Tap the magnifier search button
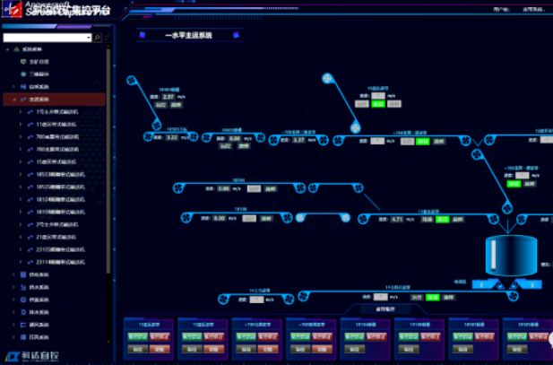[x=97, y=38]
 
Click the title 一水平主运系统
[x=188, y=35]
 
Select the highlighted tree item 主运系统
[x=39, y=99]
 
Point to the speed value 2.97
[x=169, y=96]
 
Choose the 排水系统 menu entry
[x=41, y=312]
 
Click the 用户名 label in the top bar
[x=500, y=10]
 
